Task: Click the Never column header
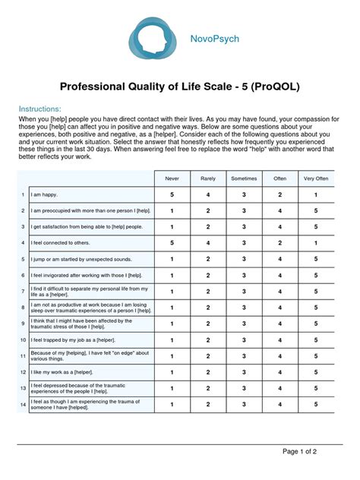172,178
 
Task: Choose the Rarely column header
208,178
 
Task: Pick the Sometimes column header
244,178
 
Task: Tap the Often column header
279,178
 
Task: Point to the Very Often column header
316,178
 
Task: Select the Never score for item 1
172,195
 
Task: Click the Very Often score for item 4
316,243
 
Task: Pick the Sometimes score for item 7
244,291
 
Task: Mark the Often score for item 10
279,339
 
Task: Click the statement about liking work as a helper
66,371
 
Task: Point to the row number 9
24,324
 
